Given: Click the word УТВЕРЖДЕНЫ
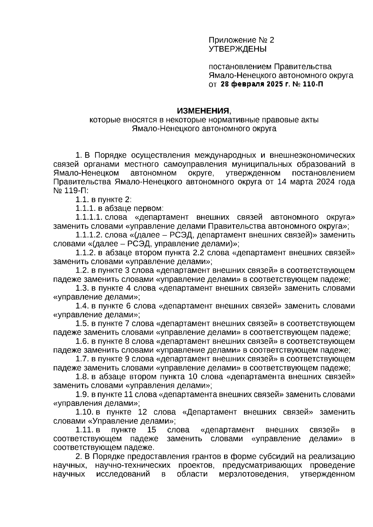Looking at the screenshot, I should coord(237,49).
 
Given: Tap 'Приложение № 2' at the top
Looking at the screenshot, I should coord(242,40).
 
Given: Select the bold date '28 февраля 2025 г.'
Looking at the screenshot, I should coord(255,84).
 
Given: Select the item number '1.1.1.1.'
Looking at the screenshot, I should coord(89,217).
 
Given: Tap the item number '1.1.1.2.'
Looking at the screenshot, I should coord(89,235).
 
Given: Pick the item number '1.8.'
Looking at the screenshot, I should coord(82,377).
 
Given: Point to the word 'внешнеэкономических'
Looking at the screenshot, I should coord(311,155).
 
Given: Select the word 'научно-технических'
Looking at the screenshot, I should coord(133,466).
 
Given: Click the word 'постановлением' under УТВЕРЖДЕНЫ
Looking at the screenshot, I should coord(240,67).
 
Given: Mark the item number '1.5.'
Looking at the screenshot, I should coord(82,324).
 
